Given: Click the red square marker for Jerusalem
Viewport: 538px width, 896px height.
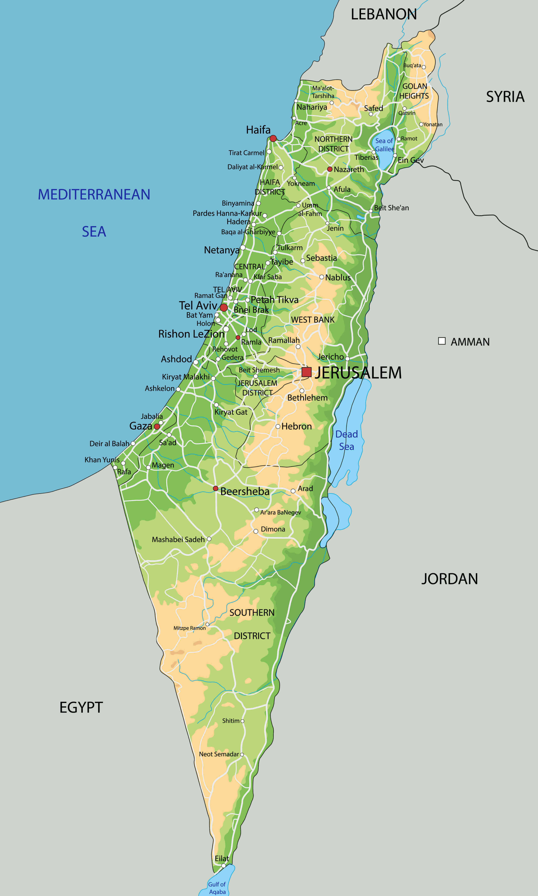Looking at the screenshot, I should tap(306, 372).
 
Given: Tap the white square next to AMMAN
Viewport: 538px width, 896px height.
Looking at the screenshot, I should tap(441, 341).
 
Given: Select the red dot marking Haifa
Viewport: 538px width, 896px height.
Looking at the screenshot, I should tap(273, 138).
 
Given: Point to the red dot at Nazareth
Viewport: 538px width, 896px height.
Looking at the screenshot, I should tap(330, 169).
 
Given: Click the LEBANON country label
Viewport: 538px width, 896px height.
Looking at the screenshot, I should tap(384, 15).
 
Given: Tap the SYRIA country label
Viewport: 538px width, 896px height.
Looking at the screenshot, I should tap(505, 97).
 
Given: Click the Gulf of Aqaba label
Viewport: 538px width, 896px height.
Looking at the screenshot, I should tap(217, 888).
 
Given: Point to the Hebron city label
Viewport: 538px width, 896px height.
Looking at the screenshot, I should tap(296, 426).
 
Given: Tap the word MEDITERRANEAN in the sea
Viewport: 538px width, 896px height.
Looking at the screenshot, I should tap(94, 194).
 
